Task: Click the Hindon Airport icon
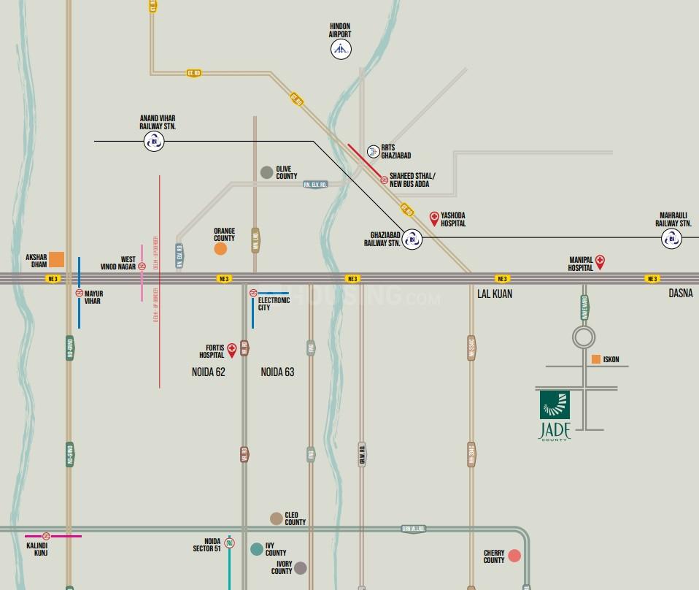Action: coord(341,49)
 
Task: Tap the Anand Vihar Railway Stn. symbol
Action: coord(154,141)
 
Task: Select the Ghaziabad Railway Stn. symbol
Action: coord(412,239)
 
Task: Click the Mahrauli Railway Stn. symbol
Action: coord(671,238)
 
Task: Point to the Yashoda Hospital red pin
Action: coord(434,218)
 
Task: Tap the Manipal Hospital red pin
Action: coord(600,262)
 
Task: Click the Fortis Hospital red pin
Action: coord(232,350)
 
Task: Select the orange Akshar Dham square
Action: coord(56,259)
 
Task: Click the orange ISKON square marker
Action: coord(596,359)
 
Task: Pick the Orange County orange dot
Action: coord(220,249)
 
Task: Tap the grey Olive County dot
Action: coord(267,172)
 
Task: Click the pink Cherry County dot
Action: coord(514,556)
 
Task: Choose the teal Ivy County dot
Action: coord(257,549)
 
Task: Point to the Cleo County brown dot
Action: coord(277,518)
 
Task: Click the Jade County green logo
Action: coord(555,405)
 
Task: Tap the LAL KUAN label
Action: coord(495,294)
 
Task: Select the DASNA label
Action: coord(681,294)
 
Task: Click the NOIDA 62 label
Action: coord(209,372)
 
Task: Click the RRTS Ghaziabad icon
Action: coord(373,151)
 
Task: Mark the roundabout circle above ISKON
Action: coord(584,337)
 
